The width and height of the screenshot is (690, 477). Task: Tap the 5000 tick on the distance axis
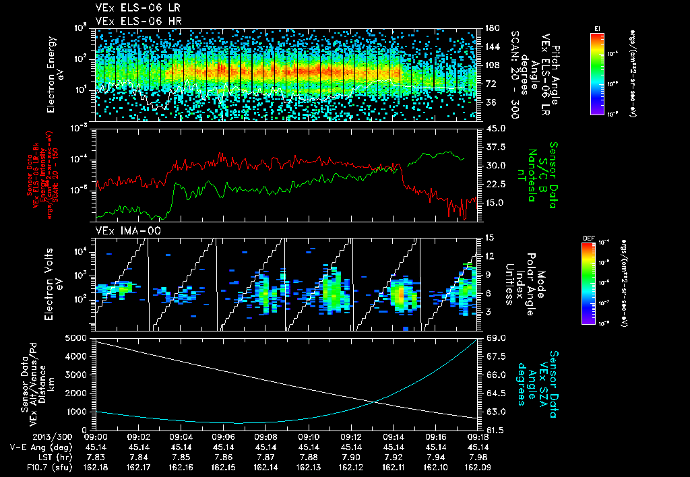pos(78,338)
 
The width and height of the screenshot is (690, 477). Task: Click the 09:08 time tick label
pos(265,437)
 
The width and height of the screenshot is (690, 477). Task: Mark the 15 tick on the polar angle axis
pos(487,237)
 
